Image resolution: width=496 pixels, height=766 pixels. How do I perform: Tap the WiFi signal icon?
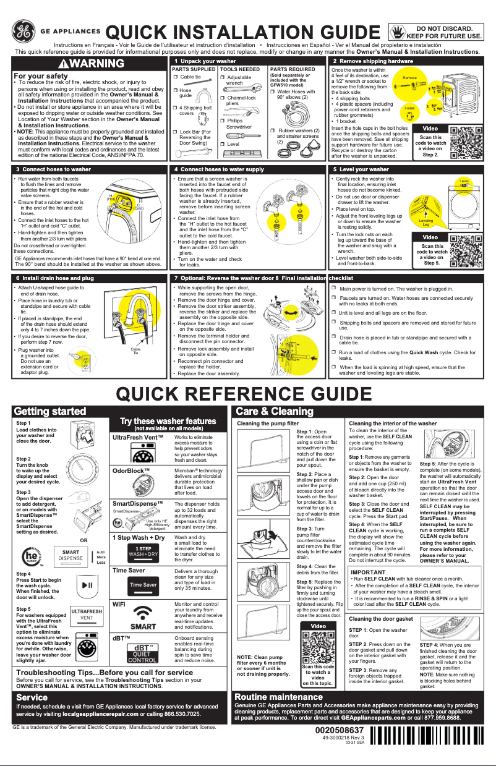[142, 618]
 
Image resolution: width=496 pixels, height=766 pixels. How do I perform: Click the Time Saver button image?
[142, 584]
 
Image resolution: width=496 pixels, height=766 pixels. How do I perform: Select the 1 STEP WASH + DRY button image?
[142, 550]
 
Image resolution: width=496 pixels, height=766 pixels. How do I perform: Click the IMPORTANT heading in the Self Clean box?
[368, 572]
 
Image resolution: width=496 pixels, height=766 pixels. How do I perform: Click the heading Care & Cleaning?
[271, 411]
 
